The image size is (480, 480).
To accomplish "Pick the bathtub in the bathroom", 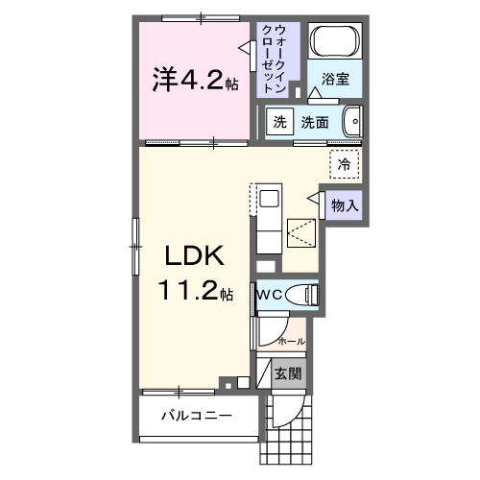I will (336, 43).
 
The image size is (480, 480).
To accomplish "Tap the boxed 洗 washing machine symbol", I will (279, 122).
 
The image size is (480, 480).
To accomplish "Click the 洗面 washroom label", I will (316, 122).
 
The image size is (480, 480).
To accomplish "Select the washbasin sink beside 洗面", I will (352, 122).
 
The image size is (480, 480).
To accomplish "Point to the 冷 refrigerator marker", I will (343, 163).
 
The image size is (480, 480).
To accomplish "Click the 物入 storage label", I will (345, 204).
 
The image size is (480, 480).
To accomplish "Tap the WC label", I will (267, 295).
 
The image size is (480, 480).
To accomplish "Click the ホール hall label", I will (291, 341).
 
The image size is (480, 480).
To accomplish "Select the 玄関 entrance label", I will (286, 373).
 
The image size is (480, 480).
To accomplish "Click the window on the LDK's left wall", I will (136, 236).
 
